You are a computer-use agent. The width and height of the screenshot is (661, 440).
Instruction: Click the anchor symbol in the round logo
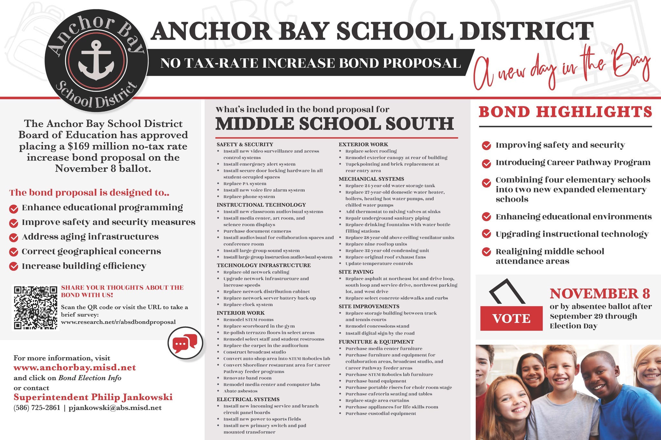[96, 60]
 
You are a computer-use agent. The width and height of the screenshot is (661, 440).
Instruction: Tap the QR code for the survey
[36, 308]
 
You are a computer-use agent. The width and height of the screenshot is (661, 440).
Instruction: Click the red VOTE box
[511, 318]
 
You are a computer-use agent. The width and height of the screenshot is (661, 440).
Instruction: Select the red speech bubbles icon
[185, 344]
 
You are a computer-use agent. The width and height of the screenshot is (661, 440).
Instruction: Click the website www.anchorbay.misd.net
[75, 368]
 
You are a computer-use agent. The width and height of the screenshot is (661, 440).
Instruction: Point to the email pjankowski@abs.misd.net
[115, 408]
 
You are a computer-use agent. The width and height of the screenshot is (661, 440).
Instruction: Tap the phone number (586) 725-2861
[37, 408]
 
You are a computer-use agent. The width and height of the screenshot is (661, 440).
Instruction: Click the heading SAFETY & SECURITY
[245, 144]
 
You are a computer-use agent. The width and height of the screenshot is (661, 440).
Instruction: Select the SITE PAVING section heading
[356, 272]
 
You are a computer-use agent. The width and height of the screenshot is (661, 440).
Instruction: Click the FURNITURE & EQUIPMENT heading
[376, 342]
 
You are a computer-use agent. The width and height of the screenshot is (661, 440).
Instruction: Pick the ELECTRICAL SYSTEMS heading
[248, 399]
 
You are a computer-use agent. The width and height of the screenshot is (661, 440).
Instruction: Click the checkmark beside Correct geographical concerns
[14, 252]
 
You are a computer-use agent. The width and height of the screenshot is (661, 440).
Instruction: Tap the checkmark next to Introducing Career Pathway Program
[486, 163]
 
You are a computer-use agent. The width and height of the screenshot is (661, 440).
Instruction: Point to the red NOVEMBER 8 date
[600, 294]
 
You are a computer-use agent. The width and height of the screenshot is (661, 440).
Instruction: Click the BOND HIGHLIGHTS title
[565, 112]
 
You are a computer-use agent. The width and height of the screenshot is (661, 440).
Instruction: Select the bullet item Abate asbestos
[240, 391]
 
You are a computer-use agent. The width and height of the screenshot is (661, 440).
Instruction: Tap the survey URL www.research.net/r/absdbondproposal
[118, 322]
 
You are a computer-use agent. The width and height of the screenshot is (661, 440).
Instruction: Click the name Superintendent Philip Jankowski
[93, 397]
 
